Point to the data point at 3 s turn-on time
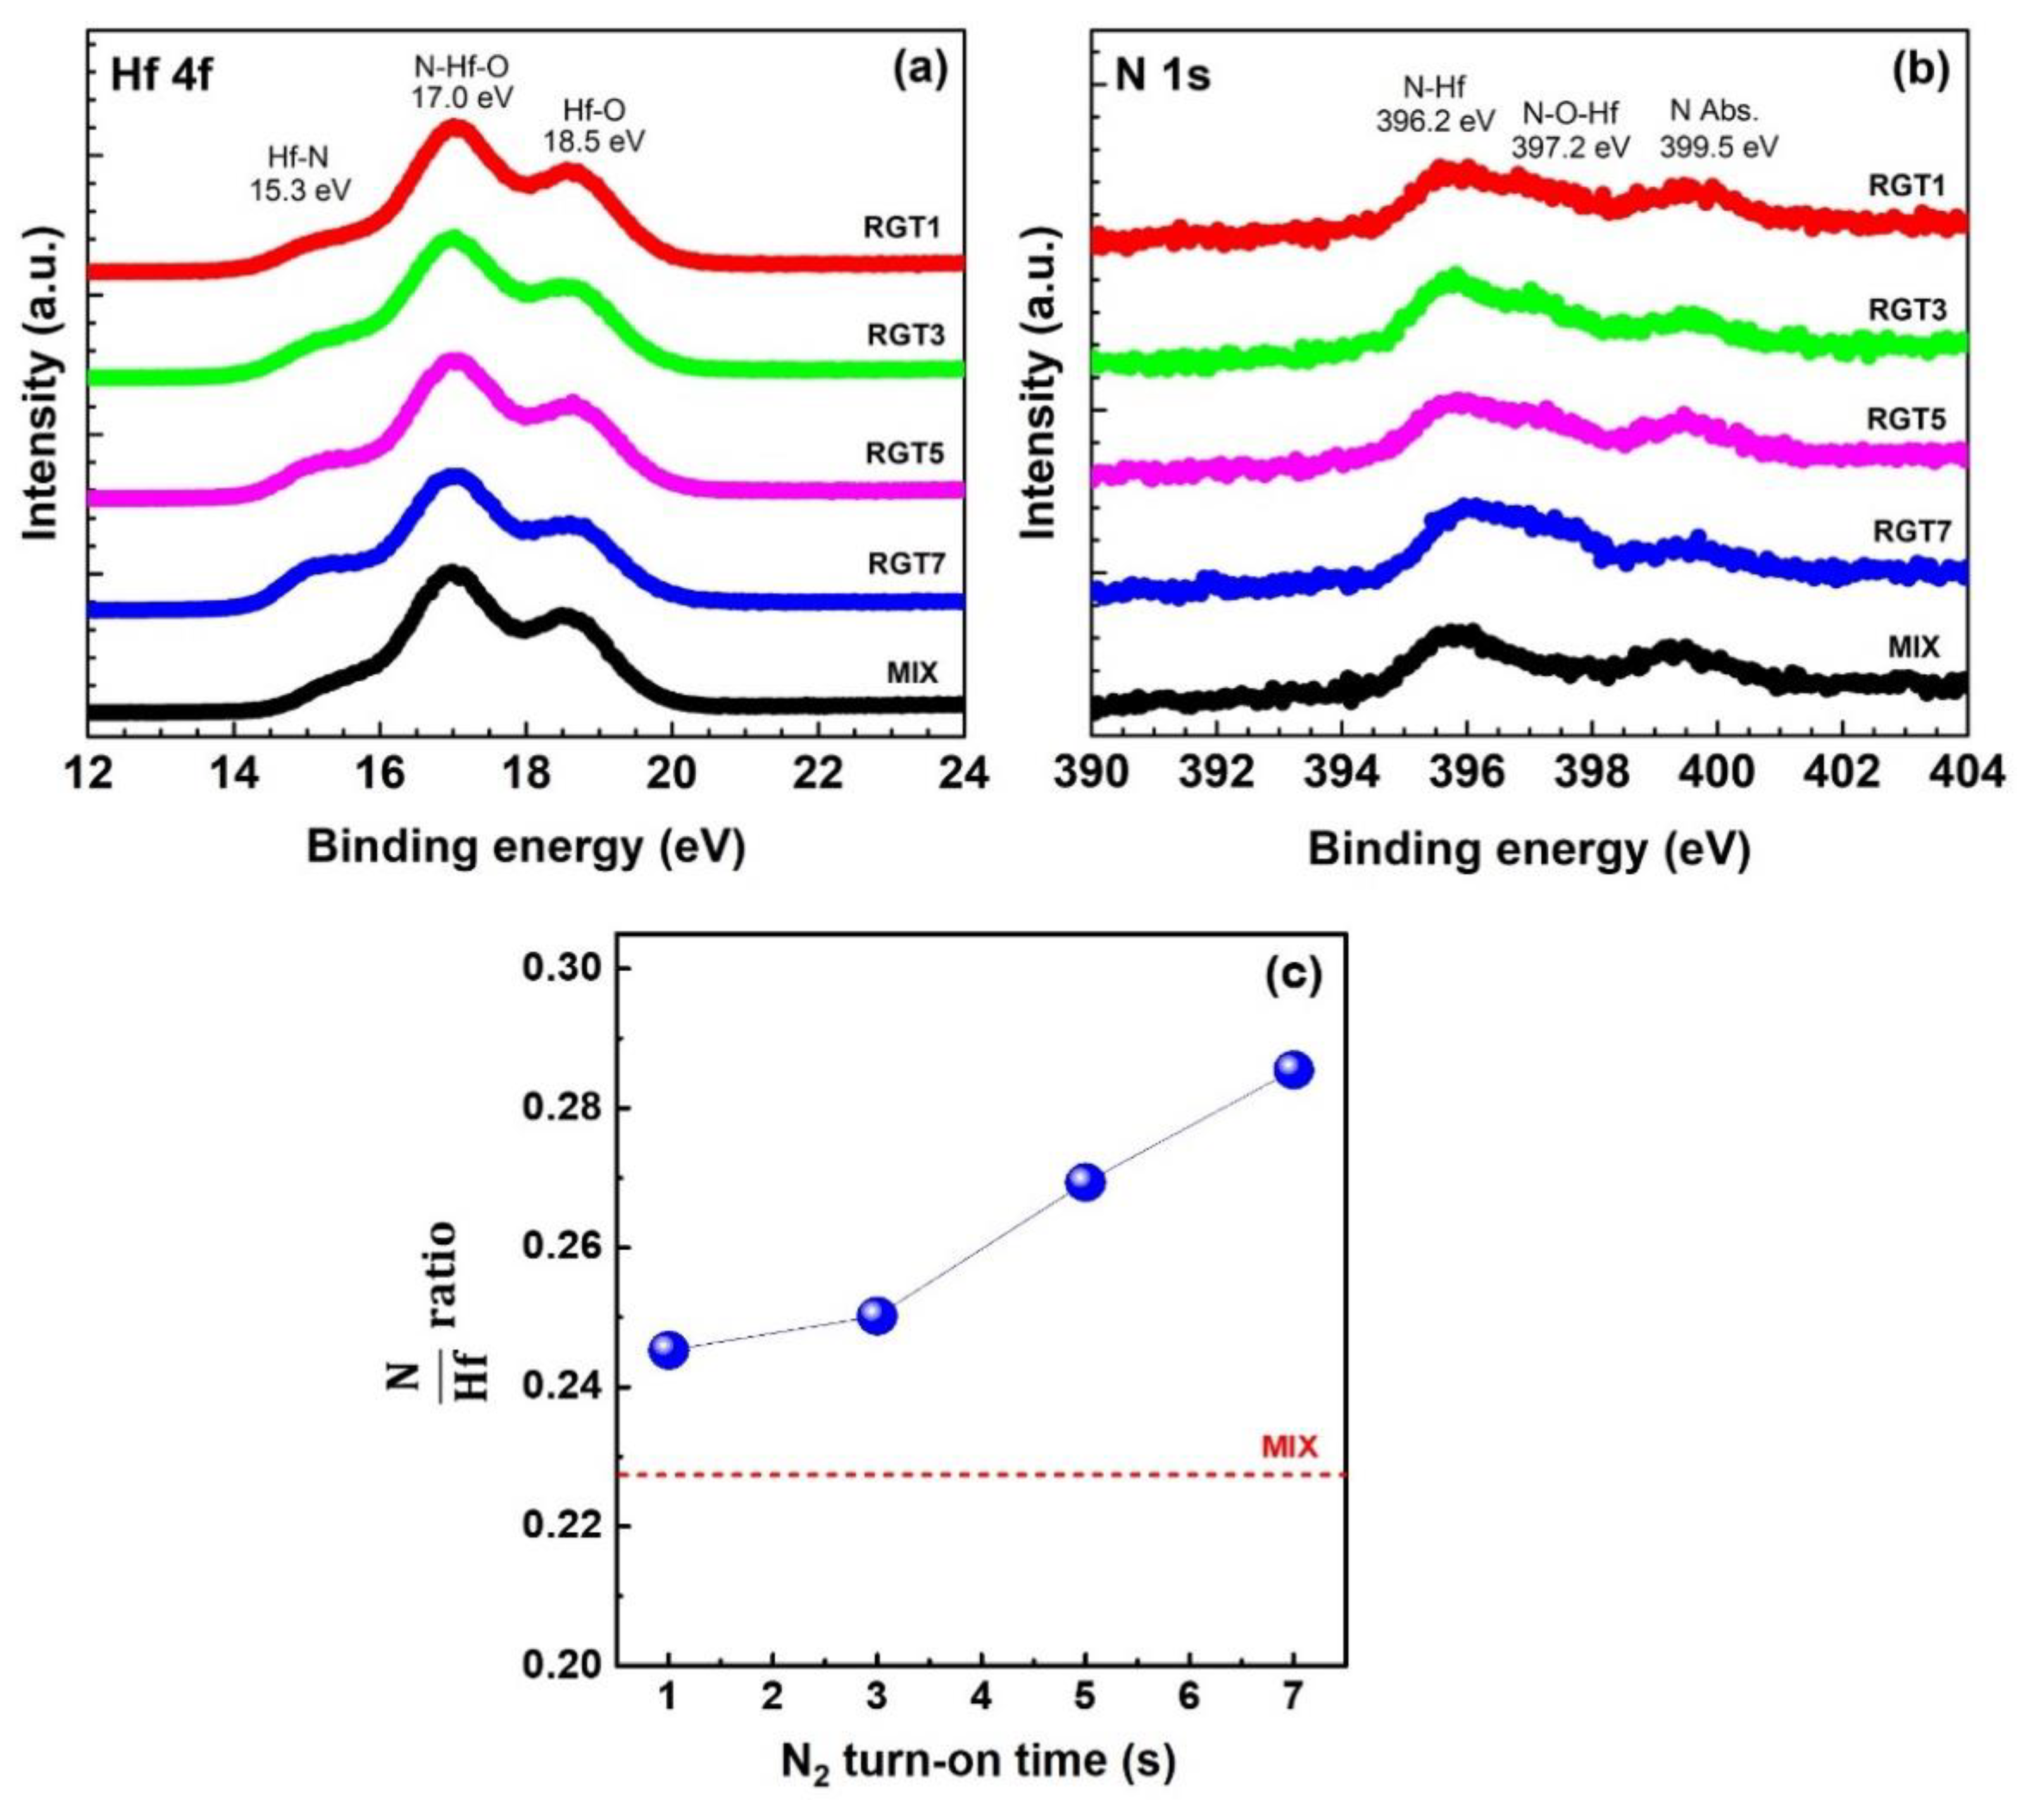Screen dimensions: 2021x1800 pyautogui.click(x=877, y=1316)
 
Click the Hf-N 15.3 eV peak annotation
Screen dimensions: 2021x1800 pyautogui.click(x=299, y=172)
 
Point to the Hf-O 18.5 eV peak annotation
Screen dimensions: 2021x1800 pyautogui.click(x=593, y=125)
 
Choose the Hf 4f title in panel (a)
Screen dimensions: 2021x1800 pyautogui.click(x=161, y=75)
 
